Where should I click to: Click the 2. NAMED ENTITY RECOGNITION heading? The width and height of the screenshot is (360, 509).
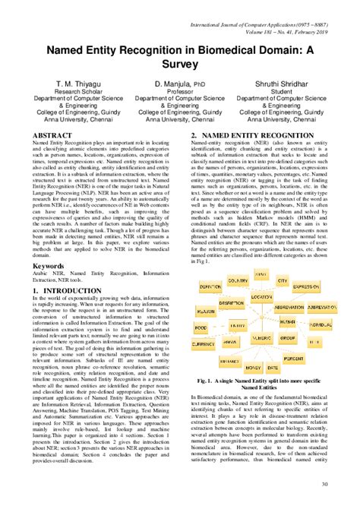pyautogui.click(x=252, y=134)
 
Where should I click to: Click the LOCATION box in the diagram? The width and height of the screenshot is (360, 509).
pyautogui.click(x=261, y=297)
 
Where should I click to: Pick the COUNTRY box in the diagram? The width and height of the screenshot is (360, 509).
pyautogui.click(x=243, y=280)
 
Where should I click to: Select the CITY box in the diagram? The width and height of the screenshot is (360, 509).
pyautogui.click(x=282, y=280)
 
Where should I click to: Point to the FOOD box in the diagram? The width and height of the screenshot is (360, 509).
pyautogui.click(x=201, y=327)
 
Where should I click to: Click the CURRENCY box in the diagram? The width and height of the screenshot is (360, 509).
pyautogui.click(x=204, y=344)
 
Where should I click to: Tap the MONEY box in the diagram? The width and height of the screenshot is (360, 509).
pyautogui.click(x=252, y=367)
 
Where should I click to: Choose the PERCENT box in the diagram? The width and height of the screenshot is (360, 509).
pyautogui.click(x=294, y=356)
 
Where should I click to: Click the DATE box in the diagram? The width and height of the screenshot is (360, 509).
pyautogui.click(x=271, y=367)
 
